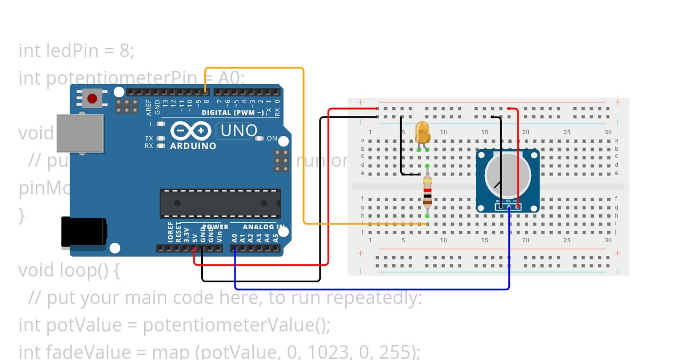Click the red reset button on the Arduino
92,99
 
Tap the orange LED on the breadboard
422,133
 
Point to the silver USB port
80,133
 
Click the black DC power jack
83,232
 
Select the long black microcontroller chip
220,203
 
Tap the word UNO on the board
238,131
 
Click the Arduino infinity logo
190,131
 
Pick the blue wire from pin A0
372,289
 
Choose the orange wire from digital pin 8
304,143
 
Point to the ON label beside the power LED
272,139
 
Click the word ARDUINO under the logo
193,146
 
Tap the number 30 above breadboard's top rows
608,133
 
